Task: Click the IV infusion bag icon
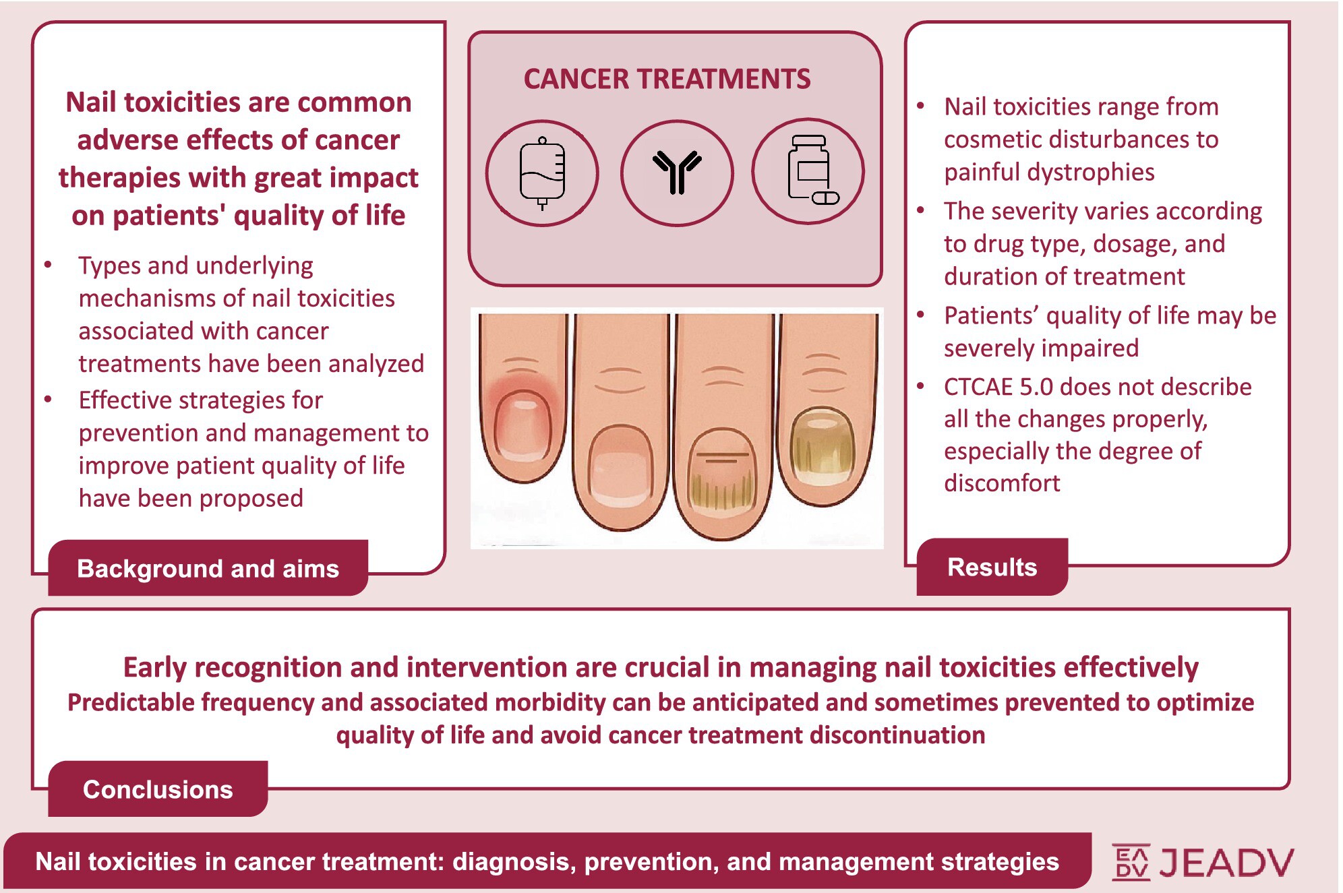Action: (x=542, y=173)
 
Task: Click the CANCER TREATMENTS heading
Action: (x=667, y=79)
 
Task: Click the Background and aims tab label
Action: (x=208, y=568)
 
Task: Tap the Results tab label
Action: (x=992, y=567)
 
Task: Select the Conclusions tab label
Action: (x=158, y=789)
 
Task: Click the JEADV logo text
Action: (x=1226, y=862)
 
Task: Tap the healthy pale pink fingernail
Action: (x=620, y=468)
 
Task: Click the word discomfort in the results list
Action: (x=1002, y=483)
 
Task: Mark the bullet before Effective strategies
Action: (x=48, y=400)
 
